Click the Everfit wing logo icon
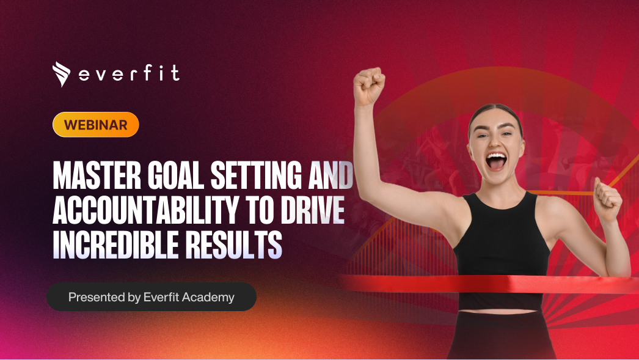[x=62, y=74]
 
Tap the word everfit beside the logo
[x=130, y=75]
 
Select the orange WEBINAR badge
[x=96, y=125]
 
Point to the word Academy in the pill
[x=213, y=298]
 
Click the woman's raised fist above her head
[x=369, y=86]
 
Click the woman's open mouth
[x=495, y=161]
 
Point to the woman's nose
[x=495, y=142]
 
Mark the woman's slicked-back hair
[x=495, y=111]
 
